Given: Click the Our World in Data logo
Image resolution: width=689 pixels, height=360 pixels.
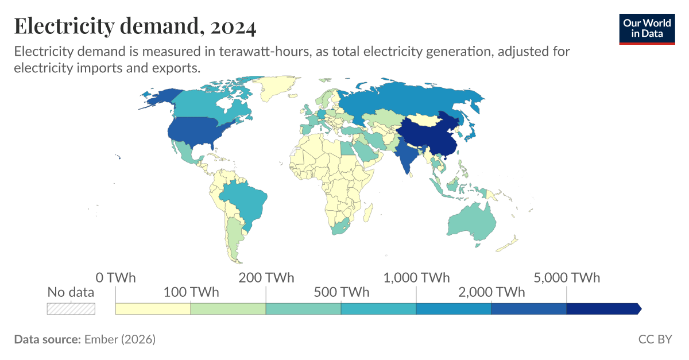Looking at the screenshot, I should (x=647, y=28).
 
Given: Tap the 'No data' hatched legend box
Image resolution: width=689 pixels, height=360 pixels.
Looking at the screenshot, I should (x=71, y=308).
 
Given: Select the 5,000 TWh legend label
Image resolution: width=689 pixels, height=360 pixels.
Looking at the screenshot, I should (x=567, y=278).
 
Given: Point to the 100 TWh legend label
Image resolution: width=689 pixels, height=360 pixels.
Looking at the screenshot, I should (x=191, y=292).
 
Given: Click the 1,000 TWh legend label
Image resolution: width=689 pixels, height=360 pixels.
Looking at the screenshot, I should (x=416, y=278).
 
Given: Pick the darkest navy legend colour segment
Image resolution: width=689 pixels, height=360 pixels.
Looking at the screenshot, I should (x=603, y=308).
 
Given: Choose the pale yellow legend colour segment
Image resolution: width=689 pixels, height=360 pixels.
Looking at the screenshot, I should (x=153, y=308).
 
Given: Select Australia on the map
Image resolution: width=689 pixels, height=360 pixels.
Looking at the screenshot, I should (x=471, y=221).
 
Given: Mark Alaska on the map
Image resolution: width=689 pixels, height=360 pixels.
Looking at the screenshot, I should (x=161, y=99).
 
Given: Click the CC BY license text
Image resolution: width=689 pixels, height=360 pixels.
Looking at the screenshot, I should (x=655, y=339).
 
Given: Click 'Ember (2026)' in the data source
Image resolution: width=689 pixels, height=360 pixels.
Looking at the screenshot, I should (x=119, y=339).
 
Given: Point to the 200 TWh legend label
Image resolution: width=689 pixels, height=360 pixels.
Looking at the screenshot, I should (x=266, y=278).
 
